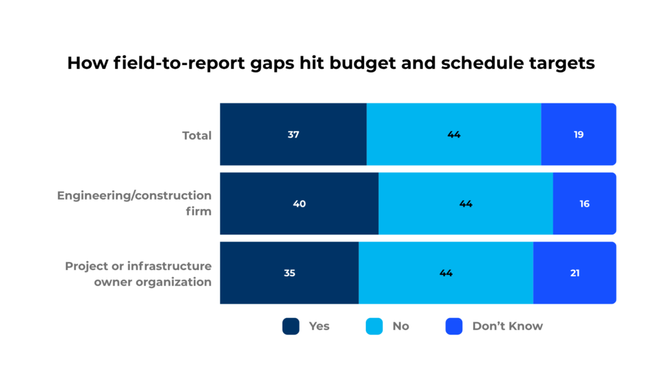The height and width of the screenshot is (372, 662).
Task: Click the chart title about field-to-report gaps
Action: pos(331,63)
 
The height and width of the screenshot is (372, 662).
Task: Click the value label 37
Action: pos(294,135)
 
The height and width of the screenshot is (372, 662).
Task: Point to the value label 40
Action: pos(299,203)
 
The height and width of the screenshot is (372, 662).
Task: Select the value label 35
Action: pos(289,273)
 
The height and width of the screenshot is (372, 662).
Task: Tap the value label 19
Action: pos(578,135)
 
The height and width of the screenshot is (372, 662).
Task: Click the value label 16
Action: pos(584,203)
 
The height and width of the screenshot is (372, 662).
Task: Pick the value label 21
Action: pos(574,273)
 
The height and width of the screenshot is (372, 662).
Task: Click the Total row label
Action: pos(197,136)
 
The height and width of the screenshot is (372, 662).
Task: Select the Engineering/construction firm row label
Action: pos(134,203)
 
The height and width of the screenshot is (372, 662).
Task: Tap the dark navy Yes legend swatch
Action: pos(291,326)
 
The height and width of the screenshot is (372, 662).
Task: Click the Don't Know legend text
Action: pos(507,326)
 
